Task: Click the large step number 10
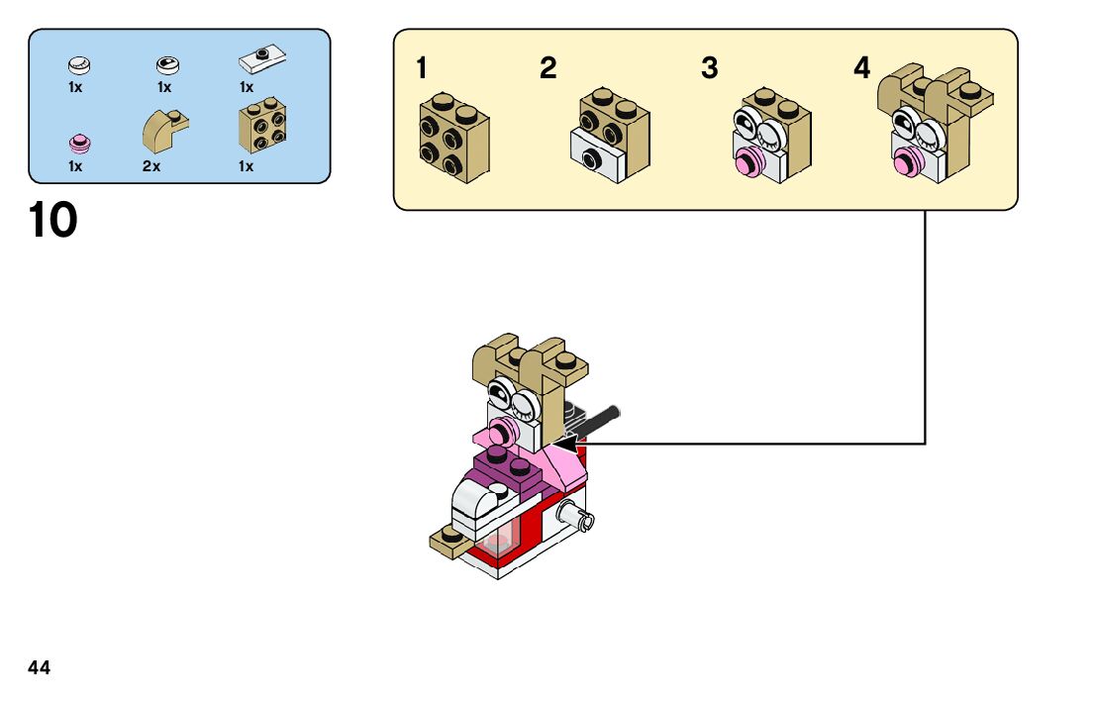click(x=52, y=220)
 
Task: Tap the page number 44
click(x=40, y=668)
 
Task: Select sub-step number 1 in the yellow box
click(x=423, y=69)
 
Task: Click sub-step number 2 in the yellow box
click(x=547, y=69)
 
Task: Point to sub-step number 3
click(x=709, y=69)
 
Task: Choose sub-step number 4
click(x=862, y=69)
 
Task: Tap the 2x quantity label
click(x=150, y=166)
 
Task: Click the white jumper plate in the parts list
click(x=260, y=61)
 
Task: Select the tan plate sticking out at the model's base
click(x=447, y=541)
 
